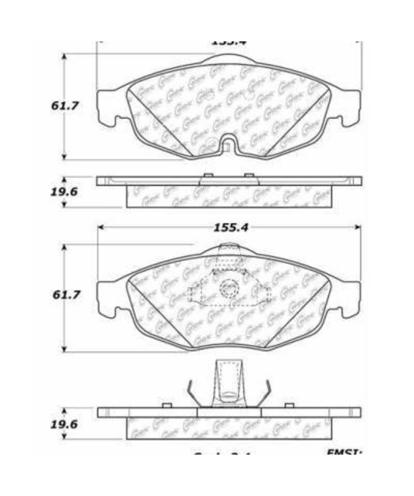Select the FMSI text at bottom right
[344, 454]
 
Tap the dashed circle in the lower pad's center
[229, 288]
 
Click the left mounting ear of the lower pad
[108, 298]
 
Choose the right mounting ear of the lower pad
[350, 298]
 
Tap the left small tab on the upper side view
[208, 175]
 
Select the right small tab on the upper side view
[249, 175]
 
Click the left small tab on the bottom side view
[167, 404]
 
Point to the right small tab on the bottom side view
[289, 404]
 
